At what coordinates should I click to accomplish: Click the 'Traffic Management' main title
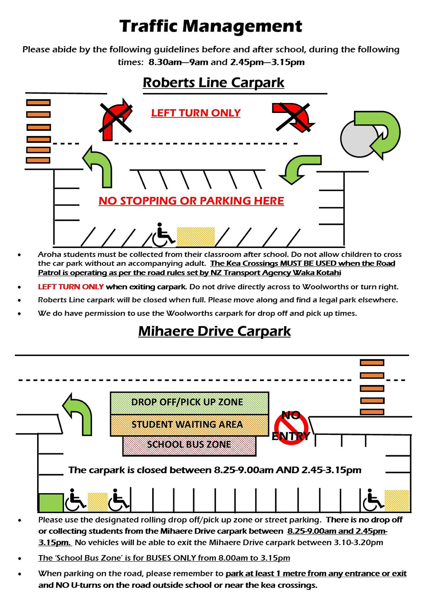[211, 26]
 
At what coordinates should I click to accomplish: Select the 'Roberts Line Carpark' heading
[213, 82]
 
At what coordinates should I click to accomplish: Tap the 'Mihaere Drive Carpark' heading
[214, 331]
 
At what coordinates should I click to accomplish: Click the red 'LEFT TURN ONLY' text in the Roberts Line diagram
[196, 113]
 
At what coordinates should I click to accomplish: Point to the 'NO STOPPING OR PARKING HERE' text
[191, 201]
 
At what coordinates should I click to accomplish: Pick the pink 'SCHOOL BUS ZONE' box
[189, 445]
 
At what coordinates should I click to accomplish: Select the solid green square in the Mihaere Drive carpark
[51, 503]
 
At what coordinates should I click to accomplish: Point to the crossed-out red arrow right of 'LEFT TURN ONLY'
[293, 117]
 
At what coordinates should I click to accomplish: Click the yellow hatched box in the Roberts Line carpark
[196, 236]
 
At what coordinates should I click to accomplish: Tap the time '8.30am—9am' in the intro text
[178, 62]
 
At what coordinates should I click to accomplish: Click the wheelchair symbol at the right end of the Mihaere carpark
[372, 500]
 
